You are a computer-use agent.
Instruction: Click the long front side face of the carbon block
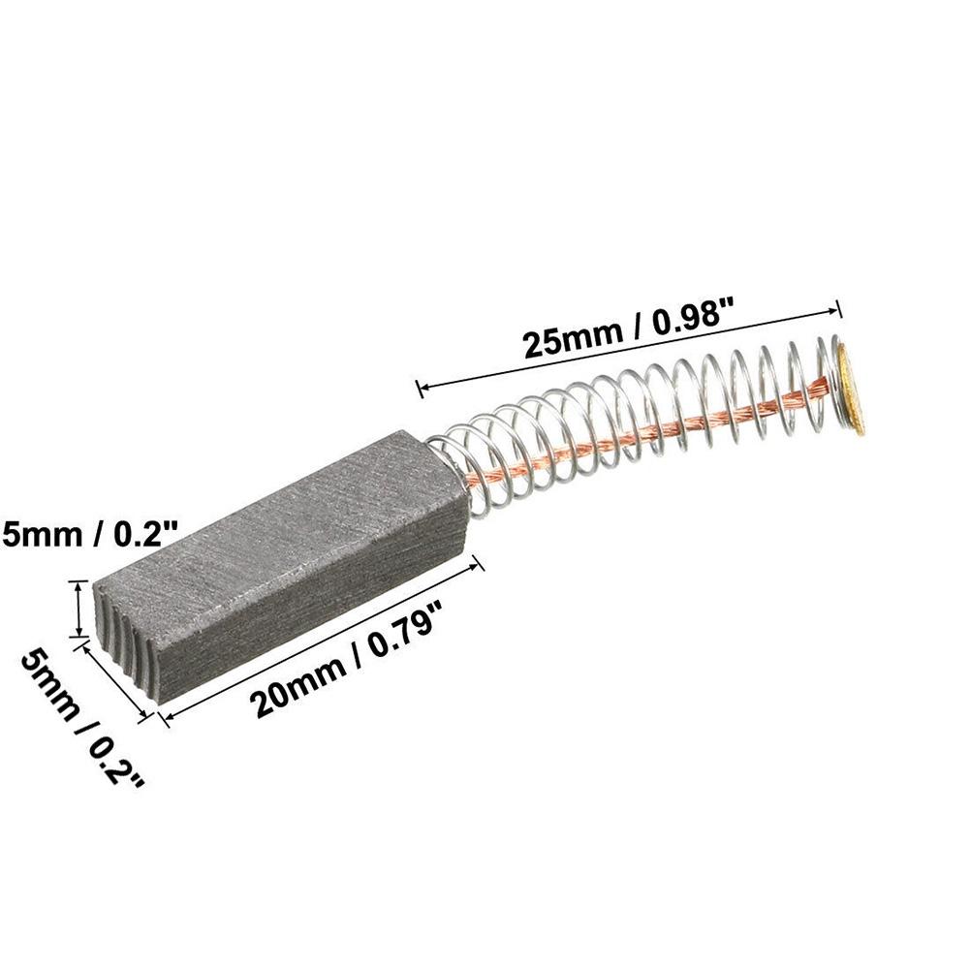point(310,601)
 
